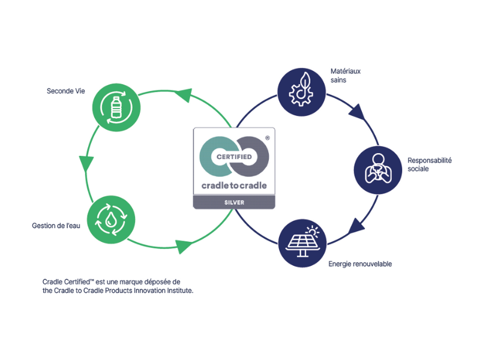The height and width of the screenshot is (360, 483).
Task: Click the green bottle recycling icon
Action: point(116,109)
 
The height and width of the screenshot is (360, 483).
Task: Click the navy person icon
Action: point(377,169)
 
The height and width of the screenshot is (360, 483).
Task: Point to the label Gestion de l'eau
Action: point(56,226)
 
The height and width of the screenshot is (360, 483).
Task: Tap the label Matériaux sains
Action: point(346,75)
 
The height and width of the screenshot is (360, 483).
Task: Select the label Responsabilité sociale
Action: point(429,164)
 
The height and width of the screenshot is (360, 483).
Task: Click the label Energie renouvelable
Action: point(360,264)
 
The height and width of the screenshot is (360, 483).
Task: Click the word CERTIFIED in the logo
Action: point(234,157)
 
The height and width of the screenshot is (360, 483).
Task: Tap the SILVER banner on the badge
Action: point(234,203)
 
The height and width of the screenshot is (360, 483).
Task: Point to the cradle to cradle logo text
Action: point(234,185)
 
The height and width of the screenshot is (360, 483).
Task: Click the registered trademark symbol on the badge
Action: point(267,137)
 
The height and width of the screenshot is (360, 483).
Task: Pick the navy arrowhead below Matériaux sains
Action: point(358,112)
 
